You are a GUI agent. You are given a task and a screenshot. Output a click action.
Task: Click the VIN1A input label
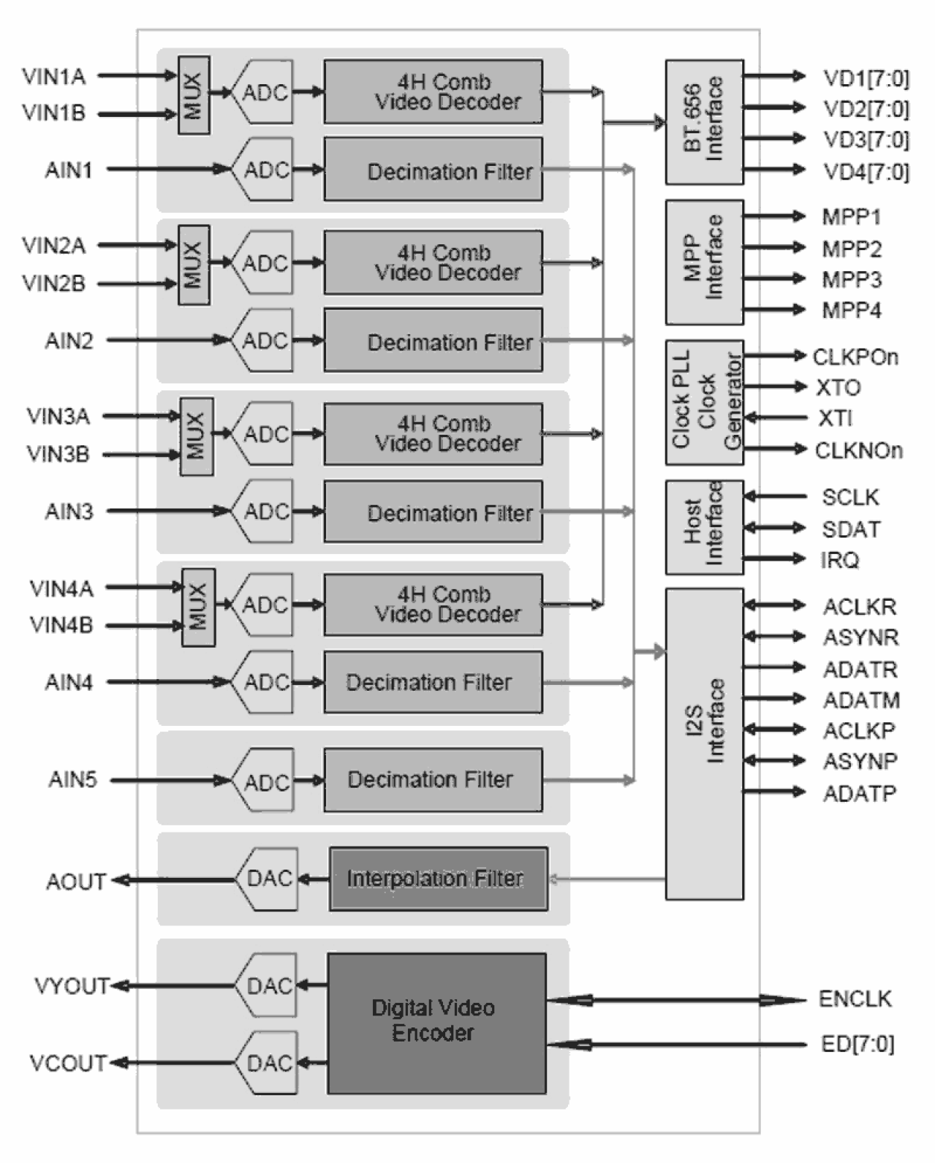pyautogui.click(x=54, y=76)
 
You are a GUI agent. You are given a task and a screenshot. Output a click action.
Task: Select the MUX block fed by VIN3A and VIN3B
pyautogui.click(x=197, y=436)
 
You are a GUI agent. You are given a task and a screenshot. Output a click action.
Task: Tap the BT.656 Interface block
pyautogui.click(x=703, y=122)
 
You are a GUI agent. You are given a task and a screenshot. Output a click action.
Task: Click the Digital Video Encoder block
pyautogui.click(x=436, y=1023)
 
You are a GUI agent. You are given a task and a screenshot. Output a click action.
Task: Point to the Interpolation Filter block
pyautogui.click(x=438, y=879)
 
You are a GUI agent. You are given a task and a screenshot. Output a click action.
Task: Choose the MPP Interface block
pyautogui.click(x=703, y=261)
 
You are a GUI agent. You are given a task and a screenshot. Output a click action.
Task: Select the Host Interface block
pyautogui.click(x=703, y=526)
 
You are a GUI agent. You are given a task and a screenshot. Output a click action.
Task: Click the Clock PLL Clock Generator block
pyautogui.click(x=703, y=402)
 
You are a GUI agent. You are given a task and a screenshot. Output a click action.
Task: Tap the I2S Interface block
pyautogui.click(x=703, y=743)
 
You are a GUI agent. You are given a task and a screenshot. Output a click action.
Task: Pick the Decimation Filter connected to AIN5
pyautogui.click(x=432, y=780)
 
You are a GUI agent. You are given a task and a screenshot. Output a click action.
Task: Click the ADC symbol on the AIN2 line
pyautogui.click(x=264, y=341)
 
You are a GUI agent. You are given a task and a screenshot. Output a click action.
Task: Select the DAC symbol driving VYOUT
pyautogui.click(x=267, y=986)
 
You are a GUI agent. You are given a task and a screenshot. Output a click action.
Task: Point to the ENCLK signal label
pyautogui.click(x=855, y=999)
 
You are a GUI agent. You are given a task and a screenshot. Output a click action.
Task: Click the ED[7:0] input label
pyautogui.click(x=857, y=1044)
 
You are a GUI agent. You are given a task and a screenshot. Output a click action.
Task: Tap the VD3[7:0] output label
pyautogui.click(x=865, y=140)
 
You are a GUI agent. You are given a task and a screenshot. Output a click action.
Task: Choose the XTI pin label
pyautogui.click(x=835, y=418)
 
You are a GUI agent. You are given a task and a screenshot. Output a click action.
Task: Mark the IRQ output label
pyautogui.click(x=839, y=560)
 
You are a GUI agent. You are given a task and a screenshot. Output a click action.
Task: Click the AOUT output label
pyautogui.click(x=76, y=882)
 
